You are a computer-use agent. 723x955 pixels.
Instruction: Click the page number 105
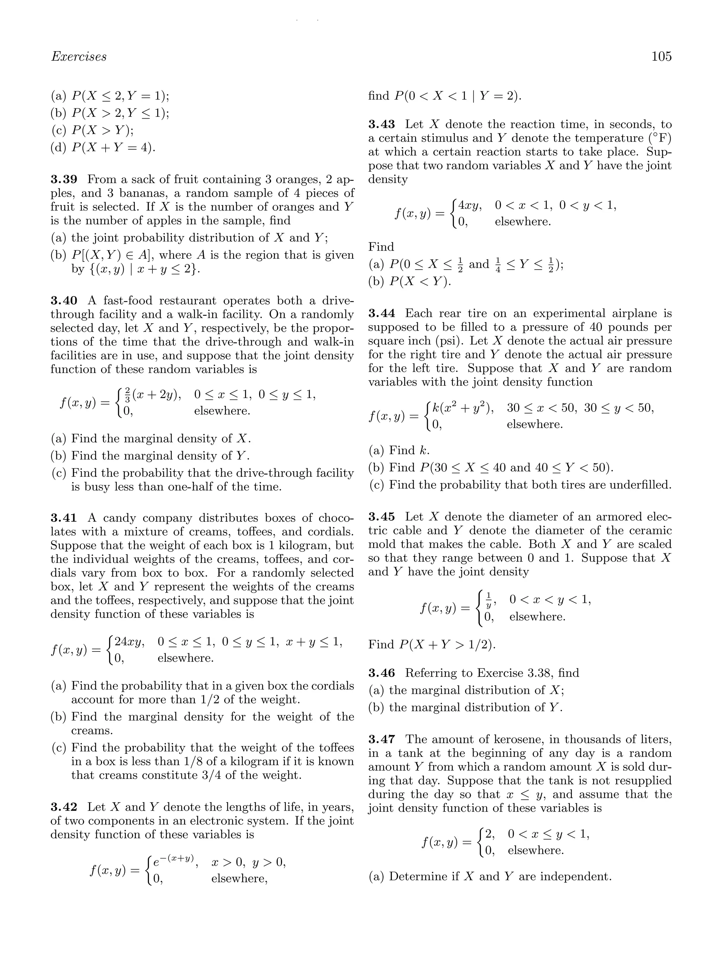661,56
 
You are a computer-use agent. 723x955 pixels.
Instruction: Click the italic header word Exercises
79,56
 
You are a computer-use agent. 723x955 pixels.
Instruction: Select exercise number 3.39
64,179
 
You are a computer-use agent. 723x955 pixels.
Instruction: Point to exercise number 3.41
64,518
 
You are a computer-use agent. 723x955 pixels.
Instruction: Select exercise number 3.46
381,673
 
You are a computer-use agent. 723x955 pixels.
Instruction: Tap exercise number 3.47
381,740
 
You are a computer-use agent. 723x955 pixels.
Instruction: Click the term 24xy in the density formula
129,642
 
